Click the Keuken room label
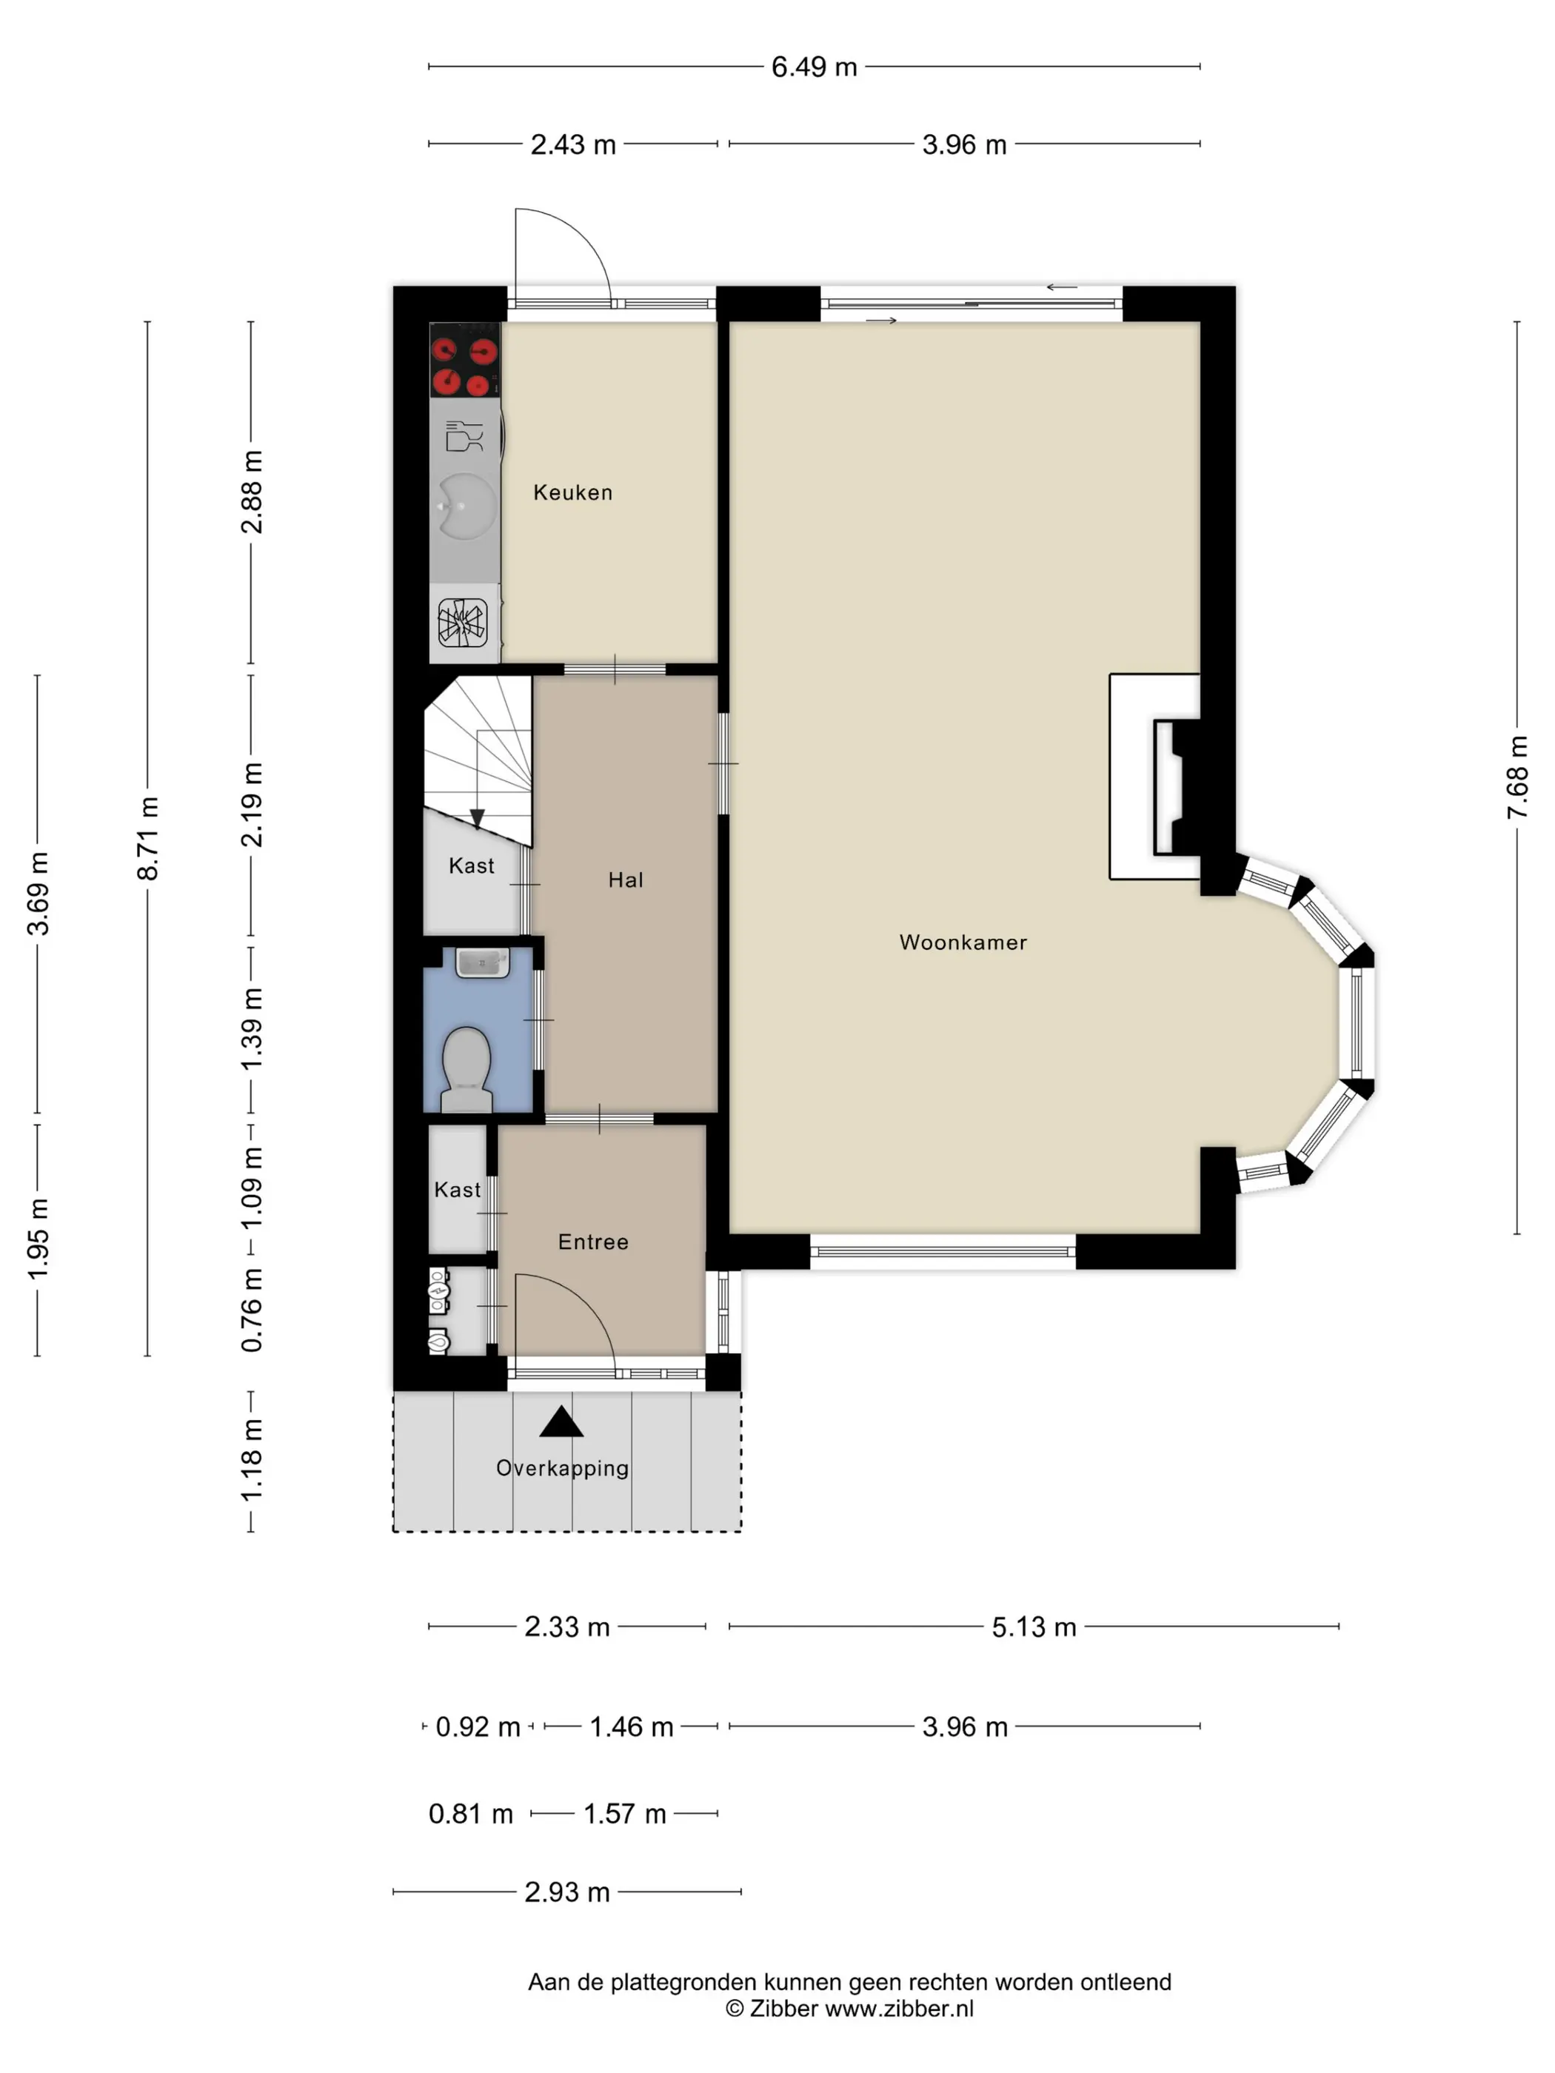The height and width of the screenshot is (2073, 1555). [x=572, y=492]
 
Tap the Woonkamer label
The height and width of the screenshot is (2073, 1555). [x=963, y=942]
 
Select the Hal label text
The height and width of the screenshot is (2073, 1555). [x=625, y=879]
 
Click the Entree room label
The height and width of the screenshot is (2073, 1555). [x=593, y=1242]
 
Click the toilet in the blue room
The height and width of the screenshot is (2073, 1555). [x=466, y=1069]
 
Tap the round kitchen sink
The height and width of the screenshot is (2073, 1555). [x=465, y=506]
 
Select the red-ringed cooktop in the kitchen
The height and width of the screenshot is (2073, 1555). [x=464, y=360]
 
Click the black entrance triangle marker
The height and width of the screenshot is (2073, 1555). [x=561, y=1421]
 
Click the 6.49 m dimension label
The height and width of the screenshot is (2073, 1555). [x=814, y=67]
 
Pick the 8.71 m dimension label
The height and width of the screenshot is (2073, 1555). [x=148, y=838]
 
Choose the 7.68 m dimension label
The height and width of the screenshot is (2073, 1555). [x=1517, y=777]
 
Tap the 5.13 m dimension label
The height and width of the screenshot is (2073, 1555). [x=1034, y=1626]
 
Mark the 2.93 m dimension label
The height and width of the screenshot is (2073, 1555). [x=567, y=1891]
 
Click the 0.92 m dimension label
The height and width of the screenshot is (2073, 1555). [x=478, y=1727]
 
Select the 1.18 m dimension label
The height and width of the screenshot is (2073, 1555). [x=251, y=1460]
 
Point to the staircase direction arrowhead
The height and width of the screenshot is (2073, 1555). [x=477, y=819]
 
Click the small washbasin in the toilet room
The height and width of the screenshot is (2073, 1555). [x=482, y=962]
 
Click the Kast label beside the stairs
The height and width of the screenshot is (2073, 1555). [x=472, y=865]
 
